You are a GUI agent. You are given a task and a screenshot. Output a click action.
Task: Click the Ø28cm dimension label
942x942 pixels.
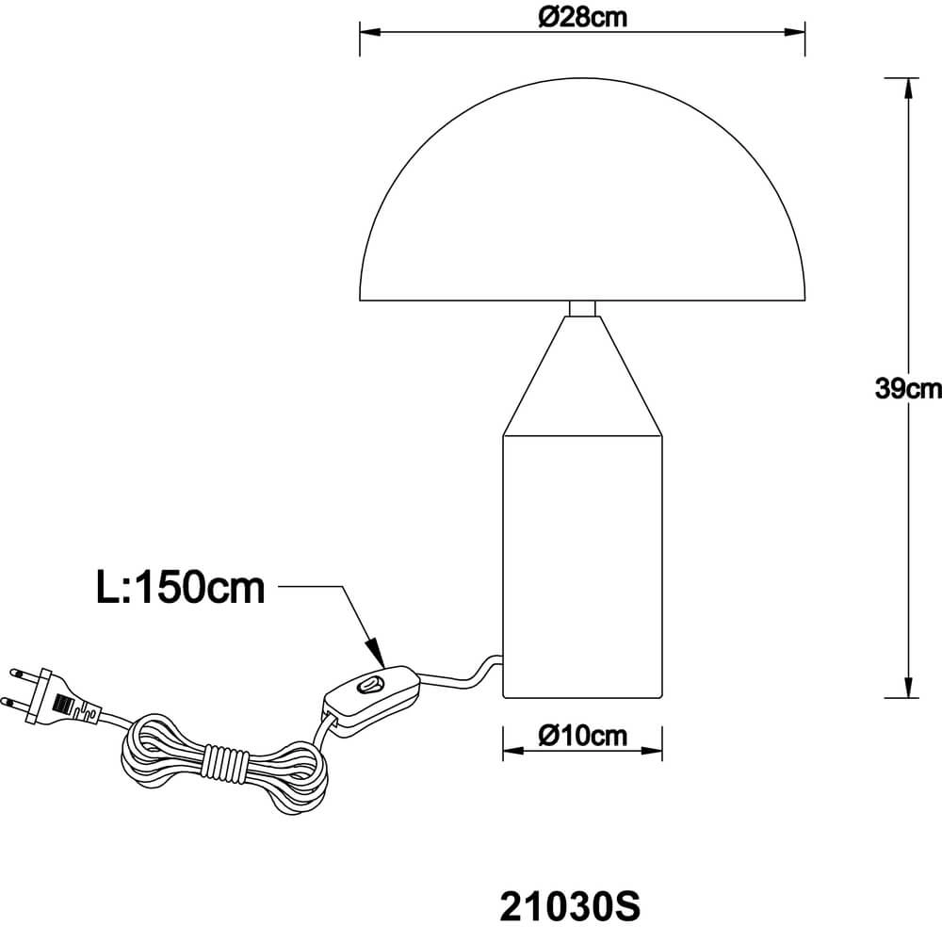[x=584, y=17]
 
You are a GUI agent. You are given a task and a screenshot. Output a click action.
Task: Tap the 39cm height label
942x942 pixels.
[x=907, y=389]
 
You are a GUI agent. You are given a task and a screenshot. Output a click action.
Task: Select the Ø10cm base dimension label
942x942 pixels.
[x=583, y=736]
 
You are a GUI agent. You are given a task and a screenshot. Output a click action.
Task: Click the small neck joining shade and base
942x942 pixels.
[x=583, y=308]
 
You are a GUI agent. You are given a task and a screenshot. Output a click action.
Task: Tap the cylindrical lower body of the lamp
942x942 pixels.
[x=583, y=565]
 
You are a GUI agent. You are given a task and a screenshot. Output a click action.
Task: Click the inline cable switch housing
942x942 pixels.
[x=371, y=694]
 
